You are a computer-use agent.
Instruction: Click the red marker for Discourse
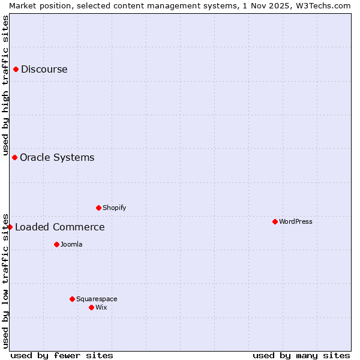click(x=16, y=69)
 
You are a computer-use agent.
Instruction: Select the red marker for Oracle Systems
click(x=14, y=157)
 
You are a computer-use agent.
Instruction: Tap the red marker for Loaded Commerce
click(x=10, y=227)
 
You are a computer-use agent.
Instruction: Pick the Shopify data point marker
click(x=98, y=208)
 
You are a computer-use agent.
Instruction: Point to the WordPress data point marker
click(x=275, y=221)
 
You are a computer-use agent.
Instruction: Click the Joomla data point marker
click(x=56, y=244)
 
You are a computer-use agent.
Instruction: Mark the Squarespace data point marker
click(x=72, y=299)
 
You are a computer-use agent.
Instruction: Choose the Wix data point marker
click(x=91, y=307)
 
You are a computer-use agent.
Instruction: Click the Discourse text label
click(x=44, y=69)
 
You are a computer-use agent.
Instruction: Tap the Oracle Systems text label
click(x=57, y=157)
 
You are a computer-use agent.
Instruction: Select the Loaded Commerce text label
click(x=59, y=227)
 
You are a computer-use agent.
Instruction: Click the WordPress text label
click(x=295, y=221)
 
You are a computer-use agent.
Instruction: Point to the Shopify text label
click(x=114, y=208)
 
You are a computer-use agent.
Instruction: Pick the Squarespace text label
click(x=97, y=299)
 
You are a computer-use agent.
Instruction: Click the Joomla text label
click(x=71, y=244)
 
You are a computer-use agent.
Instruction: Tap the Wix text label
click(x=101, y=307)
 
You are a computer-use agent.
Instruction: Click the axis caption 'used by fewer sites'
click(x=62, y=355)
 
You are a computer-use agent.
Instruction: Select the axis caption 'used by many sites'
click(x=301, y=355)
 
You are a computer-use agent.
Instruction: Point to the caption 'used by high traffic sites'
click(x=5, y=85)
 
